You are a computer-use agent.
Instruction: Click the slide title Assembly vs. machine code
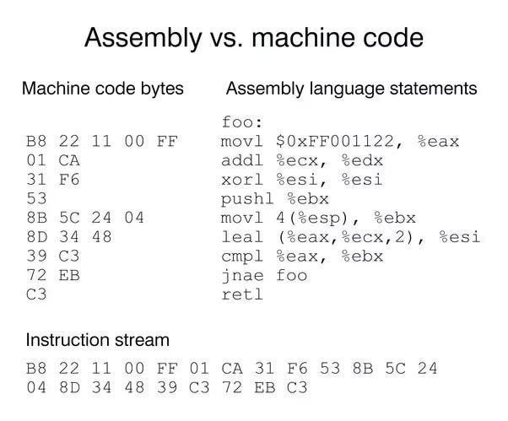click(x=253, y=38)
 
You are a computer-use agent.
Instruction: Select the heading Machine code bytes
click(x=102, y=89)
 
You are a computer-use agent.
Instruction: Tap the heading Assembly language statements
click(x=351, y=89)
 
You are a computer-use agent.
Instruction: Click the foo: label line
click(x=241, y=121)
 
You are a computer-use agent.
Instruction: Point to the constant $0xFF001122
click(x=337, y=141)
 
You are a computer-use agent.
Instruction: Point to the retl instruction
click(x=241, y=295)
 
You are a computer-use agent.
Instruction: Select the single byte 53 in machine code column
click(x=36, y=199)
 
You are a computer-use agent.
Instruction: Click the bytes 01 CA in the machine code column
click(x=52, y=160)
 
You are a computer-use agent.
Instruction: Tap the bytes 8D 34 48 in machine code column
click(x=69, y=237)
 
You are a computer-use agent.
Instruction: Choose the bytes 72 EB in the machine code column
click(x=52, y=276)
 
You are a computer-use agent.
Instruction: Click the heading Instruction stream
click(x=97, y=340)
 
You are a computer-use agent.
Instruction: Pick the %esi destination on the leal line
click(x=460, y=237)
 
